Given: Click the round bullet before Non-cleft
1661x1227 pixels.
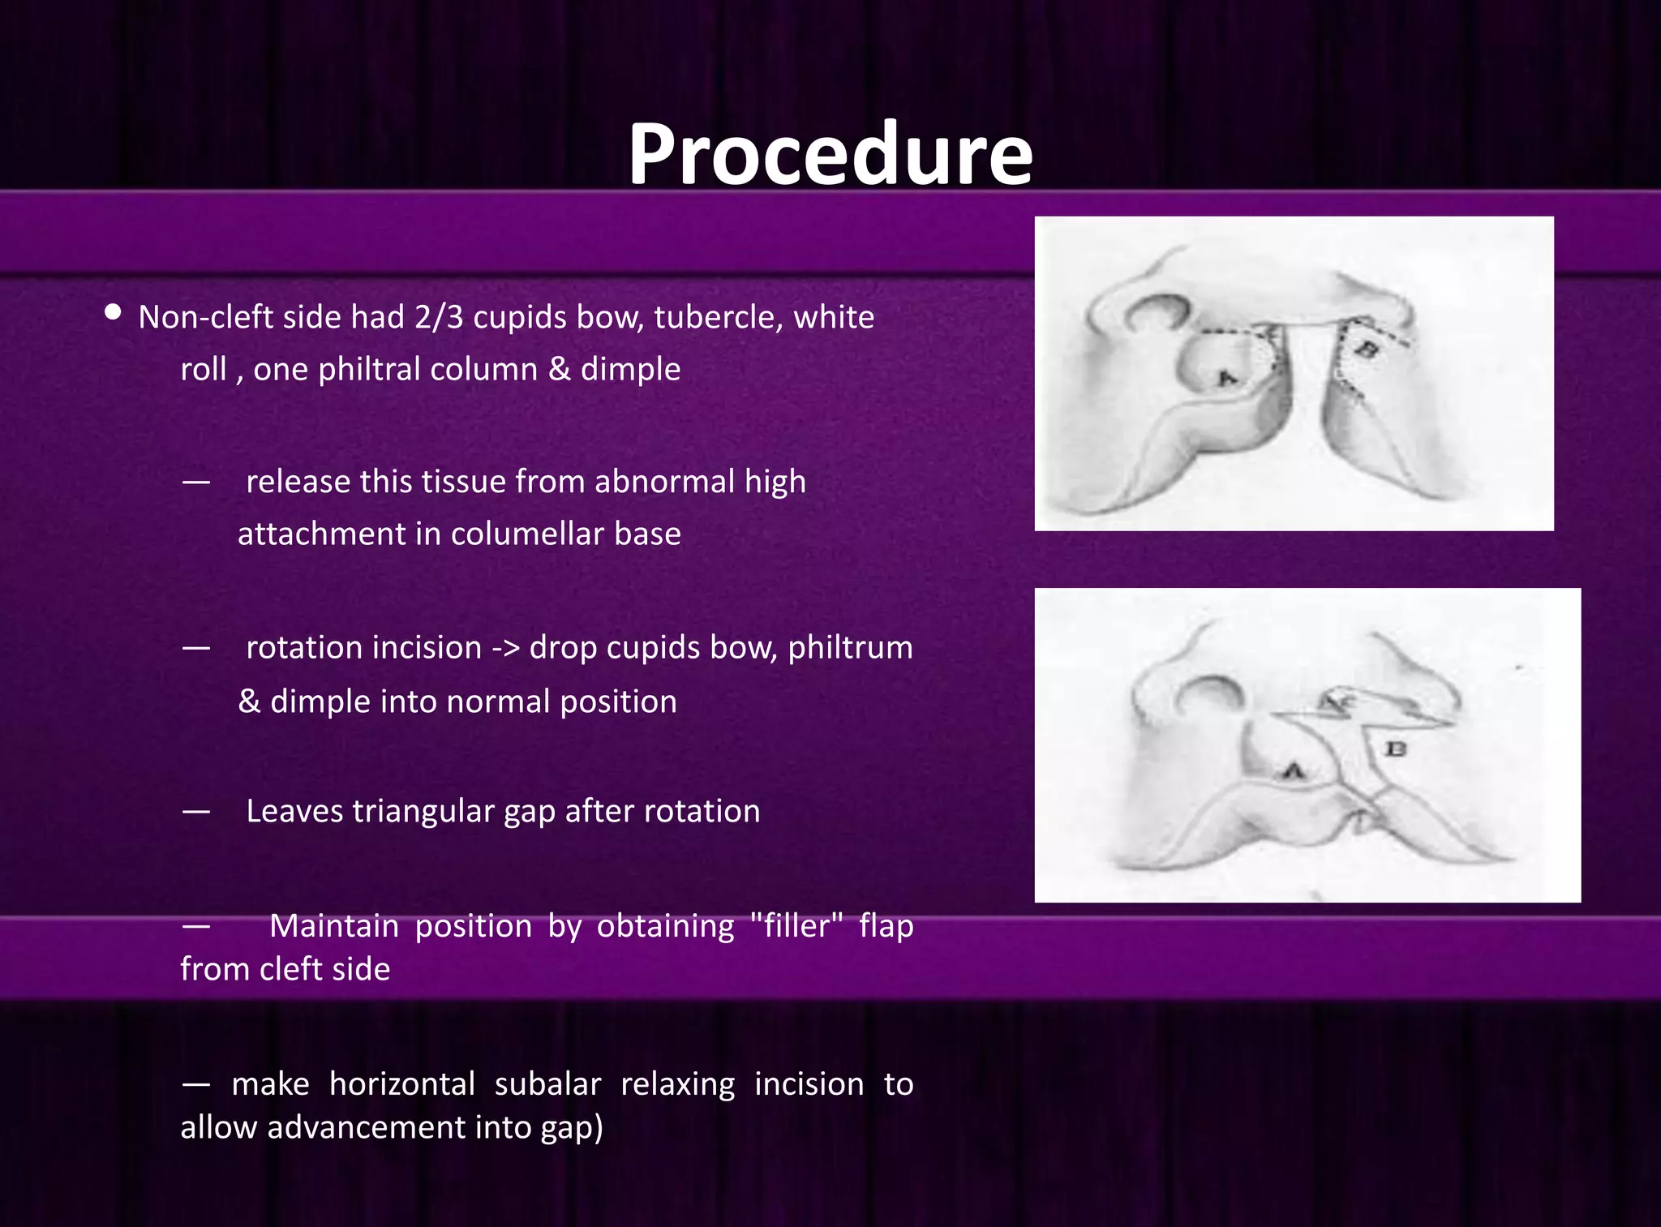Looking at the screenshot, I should click(114, 312).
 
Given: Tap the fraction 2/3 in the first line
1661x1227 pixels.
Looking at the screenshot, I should click(438, 317).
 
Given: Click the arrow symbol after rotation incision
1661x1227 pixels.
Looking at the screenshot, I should click(505, 648).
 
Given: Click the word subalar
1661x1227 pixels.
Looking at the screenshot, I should click(547, 1084).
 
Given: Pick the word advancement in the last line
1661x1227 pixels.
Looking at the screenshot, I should click(367, 1127).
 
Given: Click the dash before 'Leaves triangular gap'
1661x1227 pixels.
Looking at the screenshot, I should click(196, 811).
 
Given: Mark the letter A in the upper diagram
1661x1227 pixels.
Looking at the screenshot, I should click(1226, 378).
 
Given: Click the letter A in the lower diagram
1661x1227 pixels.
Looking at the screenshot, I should click(1294, 770).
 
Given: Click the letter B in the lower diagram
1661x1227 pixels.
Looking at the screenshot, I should click(1395, 749).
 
